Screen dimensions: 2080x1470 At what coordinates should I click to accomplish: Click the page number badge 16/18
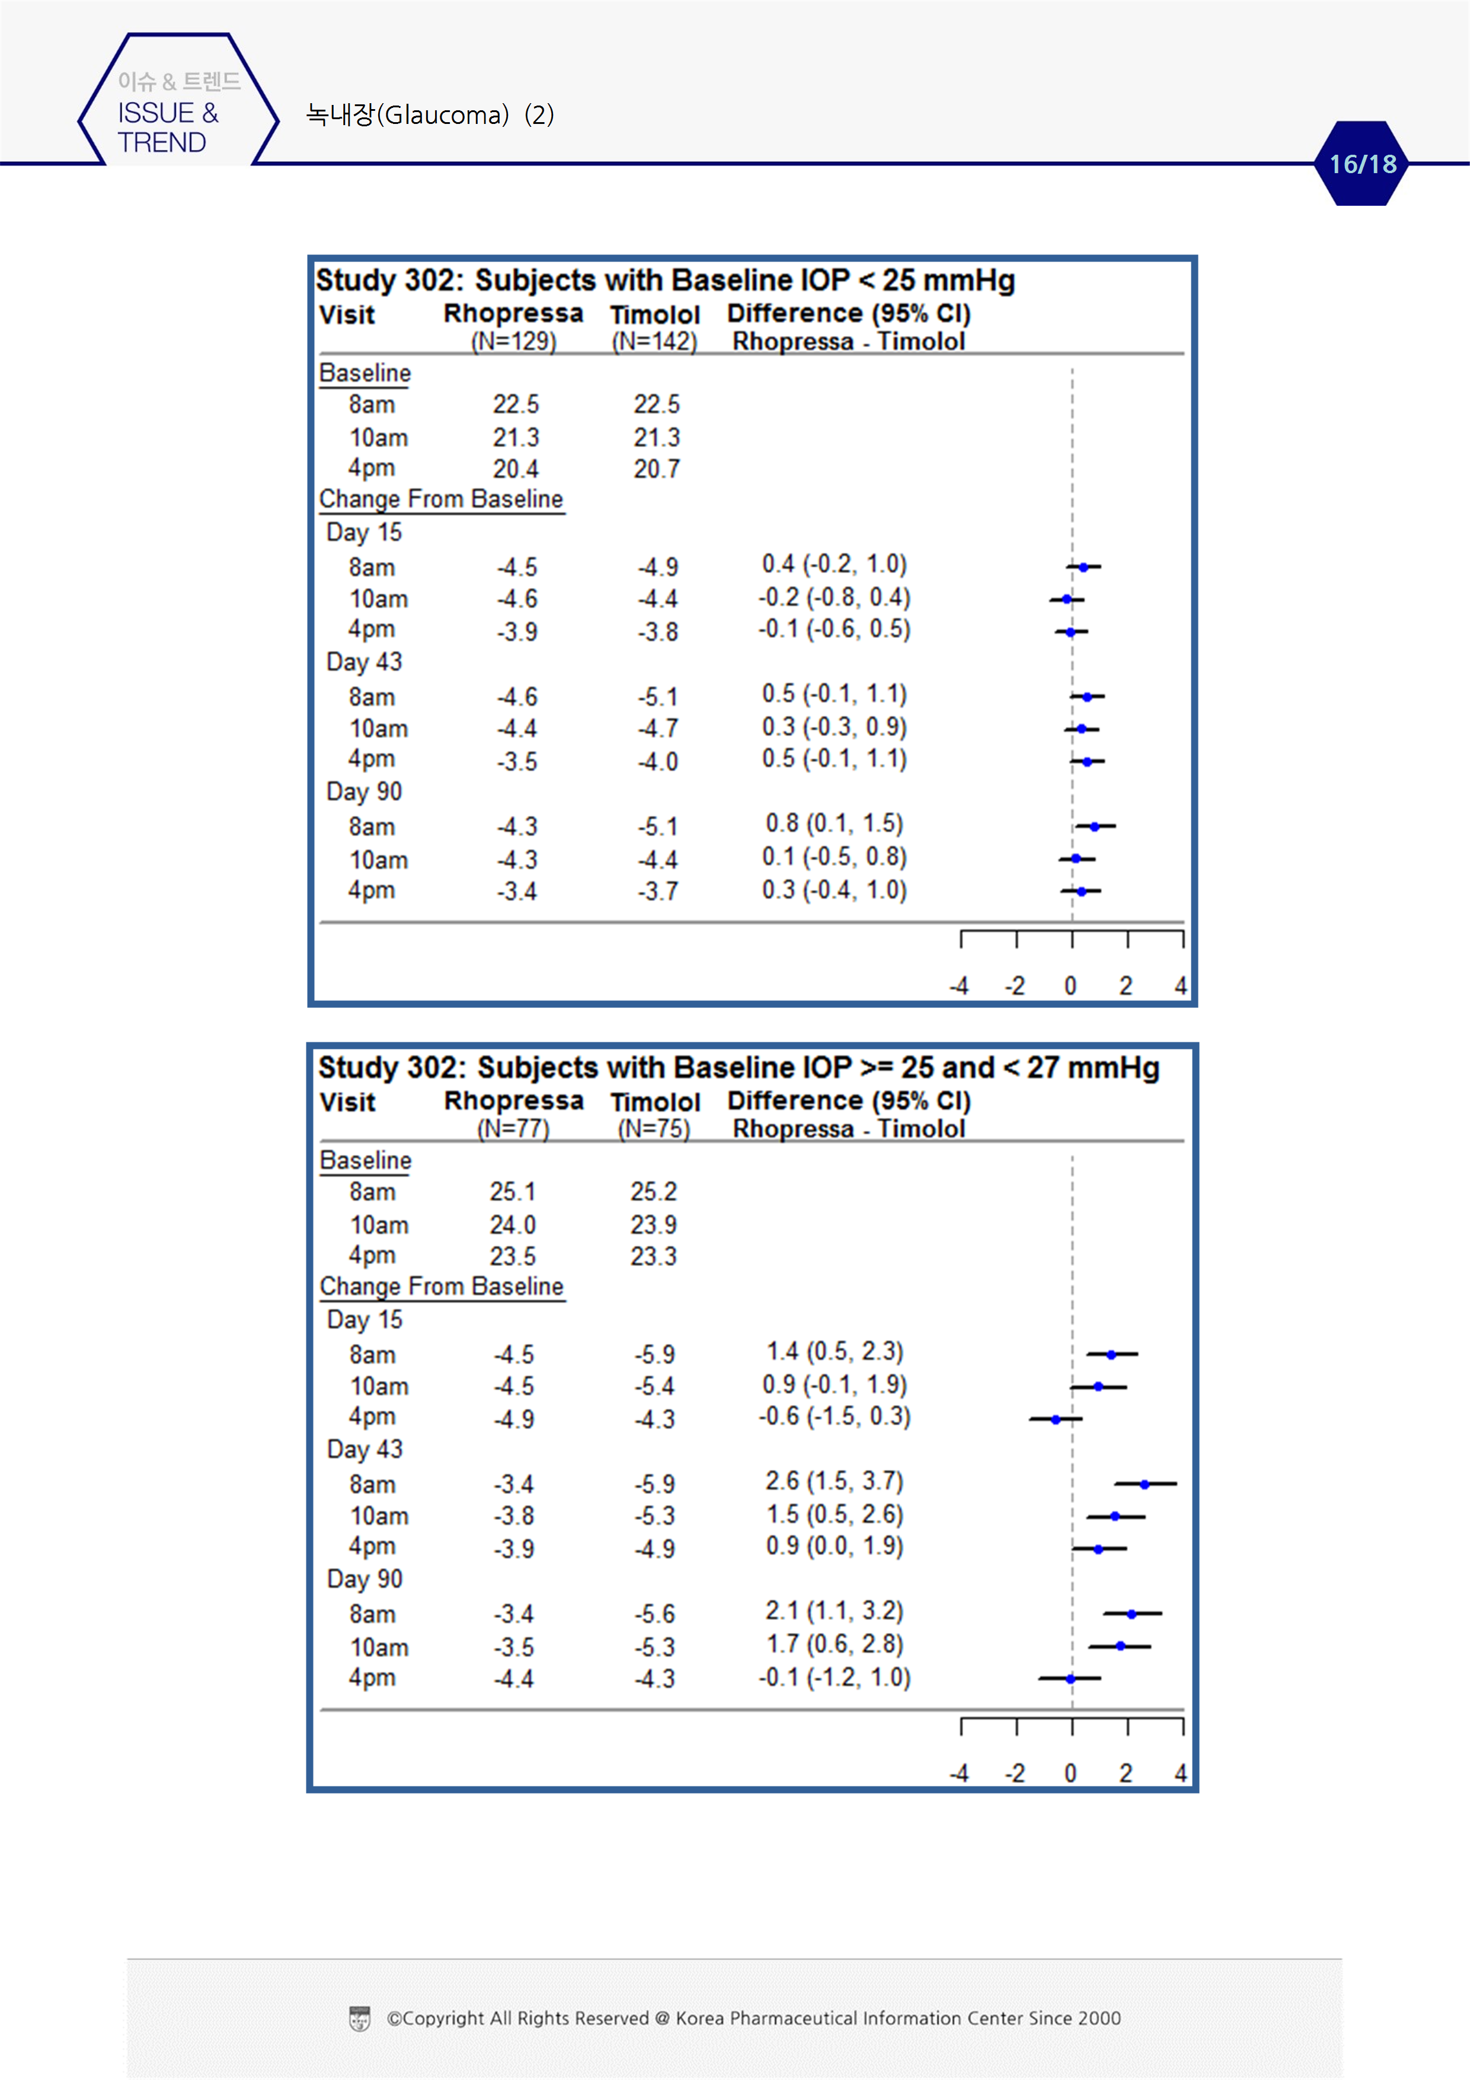coord(1362,164)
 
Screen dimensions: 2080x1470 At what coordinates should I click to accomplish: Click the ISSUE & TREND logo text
coord(168,127)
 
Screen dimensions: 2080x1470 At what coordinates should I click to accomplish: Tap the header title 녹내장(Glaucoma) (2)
coord(430,115)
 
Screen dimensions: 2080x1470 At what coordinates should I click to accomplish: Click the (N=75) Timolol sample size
coord(653,1129)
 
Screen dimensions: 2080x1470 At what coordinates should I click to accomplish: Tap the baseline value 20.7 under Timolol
coord(657,468)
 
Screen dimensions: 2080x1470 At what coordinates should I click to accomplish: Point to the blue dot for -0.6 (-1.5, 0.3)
coord(1055,1419)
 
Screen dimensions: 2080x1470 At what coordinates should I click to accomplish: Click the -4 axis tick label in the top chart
coord(959,985)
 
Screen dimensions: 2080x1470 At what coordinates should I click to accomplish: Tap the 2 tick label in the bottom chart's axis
coord(1125,1773)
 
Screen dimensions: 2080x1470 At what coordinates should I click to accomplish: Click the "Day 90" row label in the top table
coord(364,792)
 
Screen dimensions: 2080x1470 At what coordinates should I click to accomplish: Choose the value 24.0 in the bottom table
coord(513,1225)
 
